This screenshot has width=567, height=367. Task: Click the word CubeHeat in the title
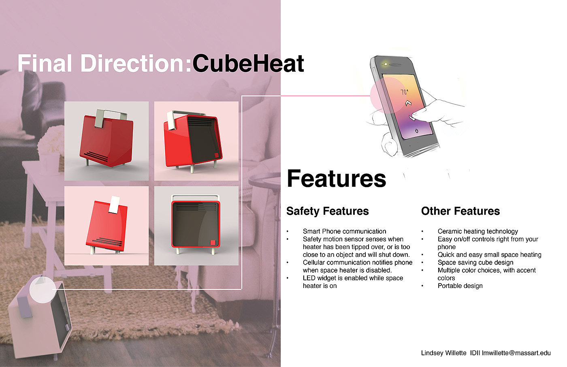pos(248,63)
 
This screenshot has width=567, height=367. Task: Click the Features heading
pos(337,179)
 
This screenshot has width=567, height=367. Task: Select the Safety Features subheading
pos(328,211)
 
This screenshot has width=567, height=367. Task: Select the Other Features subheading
pos(460,211)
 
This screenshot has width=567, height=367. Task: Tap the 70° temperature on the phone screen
pos(405,92)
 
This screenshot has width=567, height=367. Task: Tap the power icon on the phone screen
pos(417,130)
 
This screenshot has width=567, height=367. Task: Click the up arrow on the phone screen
pos(408,103)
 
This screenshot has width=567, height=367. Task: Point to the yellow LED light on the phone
pos(386,64)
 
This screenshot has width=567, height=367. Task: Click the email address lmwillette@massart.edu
pos(516,353)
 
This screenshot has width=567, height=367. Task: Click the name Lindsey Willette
pos(443,353)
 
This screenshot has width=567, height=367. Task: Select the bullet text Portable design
pos(460,286)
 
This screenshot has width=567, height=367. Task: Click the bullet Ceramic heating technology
pos(477,231)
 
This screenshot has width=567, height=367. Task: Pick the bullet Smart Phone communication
pos(344,231)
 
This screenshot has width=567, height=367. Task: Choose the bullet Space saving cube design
pos(475,262)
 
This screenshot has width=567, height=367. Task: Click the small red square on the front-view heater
pos(213,243)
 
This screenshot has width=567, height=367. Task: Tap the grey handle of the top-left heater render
pos(110,117)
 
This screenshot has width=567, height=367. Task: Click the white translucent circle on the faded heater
pos(43,290)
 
